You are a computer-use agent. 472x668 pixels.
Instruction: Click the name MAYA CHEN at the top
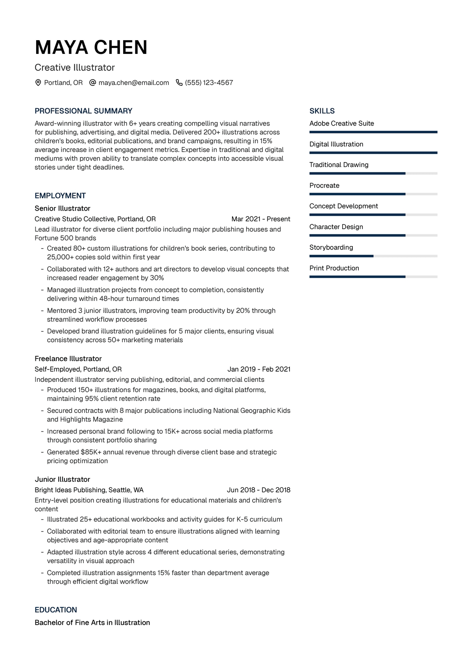click(x=91, y=48)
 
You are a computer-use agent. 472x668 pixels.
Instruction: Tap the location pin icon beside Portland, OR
click(x=38, y=83)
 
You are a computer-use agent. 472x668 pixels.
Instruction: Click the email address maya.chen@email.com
click(x=134, y=83)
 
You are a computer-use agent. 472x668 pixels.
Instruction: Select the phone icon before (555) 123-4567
click(x=179, y=83)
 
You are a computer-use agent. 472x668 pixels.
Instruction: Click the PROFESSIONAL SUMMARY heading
click(x=83, y=111)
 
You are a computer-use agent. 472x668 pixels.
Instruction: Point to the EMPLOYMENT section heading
click(x=60, y=196)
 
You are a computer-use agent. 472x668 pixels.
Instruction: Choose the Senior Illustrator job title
click(x=63, y=208)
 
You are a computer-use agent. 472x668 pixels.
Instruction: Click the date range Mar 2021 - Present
click(x=261, y=219)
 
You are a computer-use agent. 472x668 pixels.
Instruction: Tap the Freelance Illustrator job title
click(x=68, y=359)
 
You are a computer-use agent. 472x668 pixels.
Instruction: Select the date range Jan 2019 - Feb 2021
click(x=259, y=369)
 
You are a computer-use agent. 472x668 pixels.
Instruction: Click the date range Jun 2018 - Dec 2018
click(x=258, y=490)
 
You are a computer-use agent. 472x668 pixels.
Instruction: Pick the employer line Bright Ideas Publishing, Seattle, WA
click(x=89, y=490)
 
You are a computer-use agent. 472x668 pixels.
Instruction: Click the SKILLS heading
click(x=322, y=111)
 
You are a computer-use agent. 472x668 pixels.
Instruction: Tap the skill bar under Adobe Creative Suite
click(x=373, y=132)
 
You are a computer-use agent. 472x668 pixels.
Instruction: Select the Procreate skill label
click(x=324, y=185)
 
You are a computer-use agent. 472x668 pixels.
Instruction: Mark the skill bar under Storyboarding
click(x=373, y=256)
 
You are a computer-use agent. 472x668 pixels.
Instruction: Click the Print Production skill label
click(x=334, y=268)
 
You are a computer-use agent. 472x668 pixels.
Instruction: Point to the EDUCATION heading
click(x=56, y=610)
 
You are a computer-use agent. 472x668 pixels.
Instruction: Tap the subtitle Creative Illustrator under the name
click(x=75, y=68)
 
